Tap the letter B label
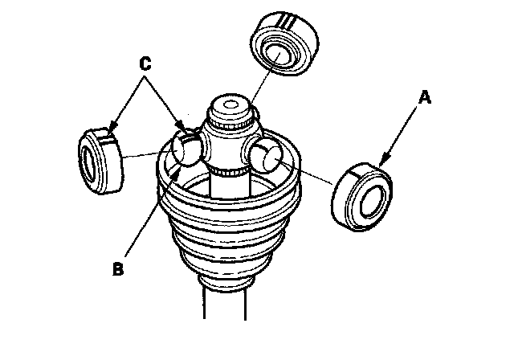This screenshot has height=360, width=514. [x=119, y=268]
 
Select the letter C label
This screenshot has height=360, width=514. [x=145, y=61]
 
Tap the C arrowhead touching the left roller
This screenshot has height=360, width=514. [x=110, y=130]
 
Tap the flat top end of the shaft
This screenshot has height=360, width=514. [x=231, y=104]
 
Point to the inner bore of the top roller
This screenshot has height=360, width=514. [x=279, y=55]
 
